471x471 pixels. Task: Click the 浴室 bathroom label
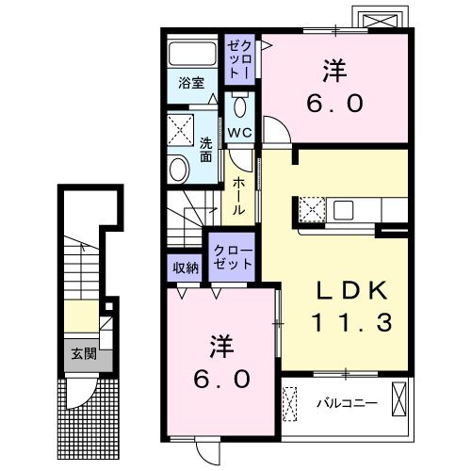[x=191, y=83]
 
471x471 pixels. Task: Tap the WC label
[x=239, y=132]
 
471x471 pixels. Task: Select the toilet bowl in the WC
[x=239, y=106]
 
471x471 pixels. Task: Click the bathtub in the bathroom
[x=192, y=53]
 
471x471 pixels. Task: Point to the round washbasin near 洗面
[x=178, y=170]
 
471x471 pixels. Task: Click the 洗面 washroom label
[x=206, y=150]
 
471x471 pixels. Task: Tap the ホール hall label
[x=238, y=196]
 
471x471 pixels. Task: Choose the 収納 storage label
[x=186, y=268]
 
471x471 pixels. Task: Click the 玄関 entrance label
[x=84, y=354]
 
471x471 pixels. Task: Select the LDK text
[x=351, y=290]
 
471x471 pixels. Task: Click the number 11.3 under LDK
[x=351, y=322]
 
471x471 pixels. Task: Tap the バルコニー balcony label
[x=347, y=403]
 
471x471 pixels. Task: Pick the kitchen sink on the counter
[x=343, y=210]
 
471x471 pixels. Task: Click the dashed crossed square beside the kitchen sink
[x=312, y=209]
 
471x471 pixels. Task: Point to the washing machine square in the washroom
[x=180, y=130]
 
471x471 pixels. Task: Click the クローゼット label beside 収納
[x=233, y=257]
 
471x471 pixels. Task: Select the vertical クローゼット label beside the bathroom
[x=239, y=59]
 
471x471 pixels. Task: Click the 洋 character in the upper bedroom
[x=334, y=71]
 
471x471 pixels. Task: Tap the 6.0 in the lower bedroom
[x=221, y=379]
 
